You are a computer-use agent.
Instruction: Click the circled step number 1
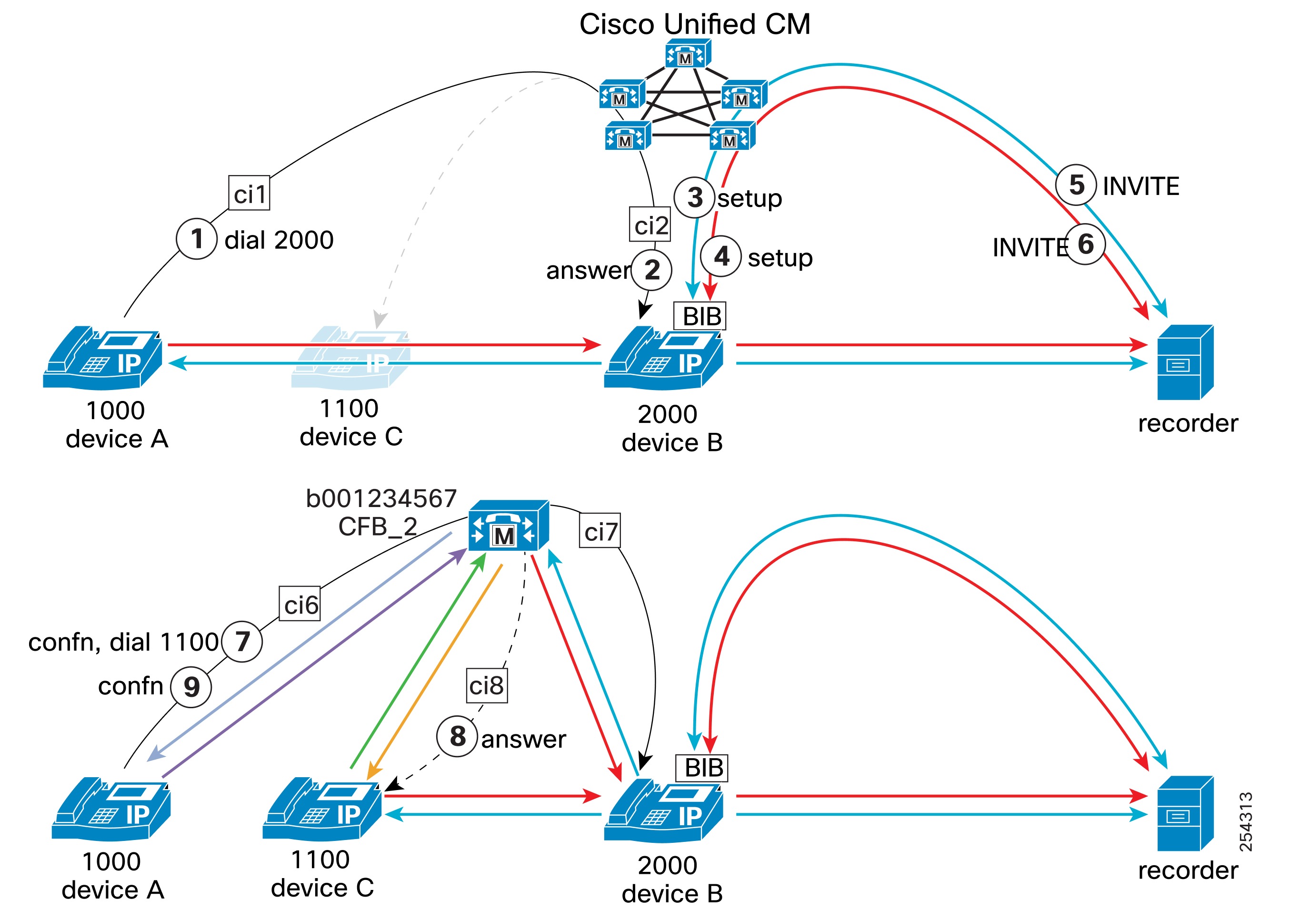coord(196,239)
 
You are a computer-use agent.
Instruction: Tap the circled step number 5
coord(1076,185)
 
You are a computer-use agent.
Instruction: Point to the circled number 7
coord(242,641)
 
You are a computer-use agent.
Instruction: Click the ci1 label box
coord(249,193)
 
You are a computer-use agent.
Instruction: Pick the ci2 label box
coord(650,225)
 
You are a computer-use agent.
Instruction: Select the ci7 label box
coord(600,531)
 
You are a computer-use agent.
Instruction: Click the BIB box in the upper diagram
coord(700,316)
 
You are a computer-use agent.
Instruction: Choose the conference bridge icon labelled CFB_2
coord(508,525)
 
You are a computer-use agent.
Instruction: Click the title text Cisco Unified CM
coord(694,24)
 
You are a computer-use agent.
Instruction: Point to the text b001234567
coord(381,498)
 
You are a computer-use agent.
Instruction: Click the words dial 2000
coord(279,240)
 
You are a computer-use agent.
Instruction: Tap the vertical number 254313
coord(1245,821)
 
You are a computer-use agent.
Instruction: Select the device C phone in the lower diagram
coord(322,809)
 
